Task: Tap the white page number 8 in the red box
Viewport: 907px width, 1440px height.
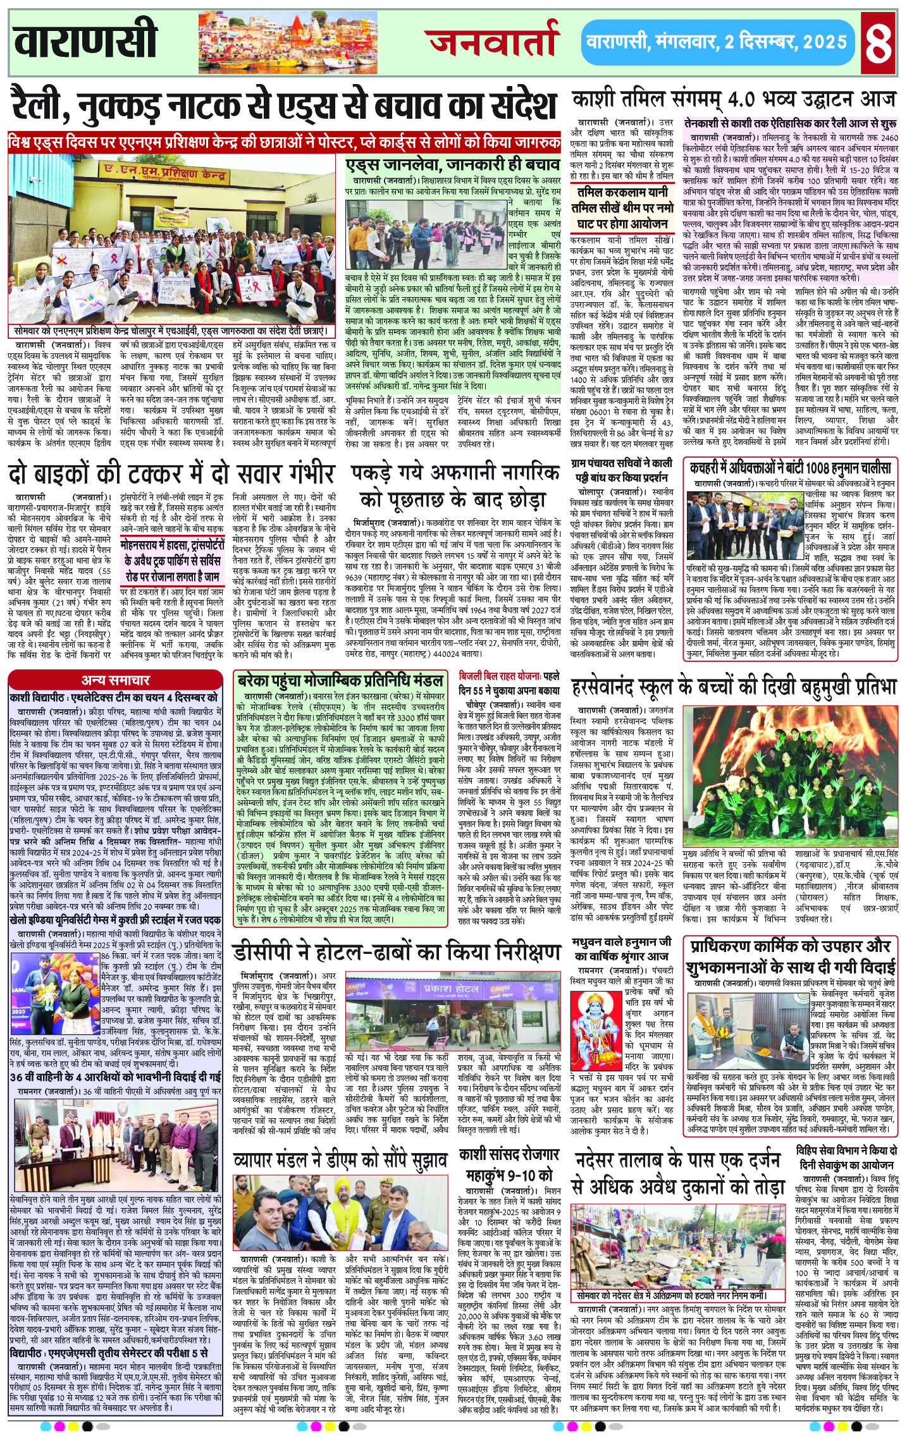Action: [879, 42]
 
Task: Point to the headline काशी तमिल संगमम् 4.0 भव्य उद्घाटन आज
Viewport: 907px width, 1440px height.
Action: [734, 100]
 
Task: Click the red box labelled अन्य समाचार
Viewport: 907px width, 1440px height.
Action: [115, 680]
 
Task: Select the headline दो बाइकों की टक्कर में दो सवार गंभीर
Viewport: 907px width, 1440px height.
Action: [171, 474]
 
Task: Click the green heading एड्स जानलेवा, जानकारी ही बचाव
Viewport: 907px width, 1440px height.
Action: [453, 165]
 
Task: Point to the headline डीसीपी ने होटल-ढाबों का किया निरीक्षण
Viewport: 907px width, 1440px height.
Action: [397, 952]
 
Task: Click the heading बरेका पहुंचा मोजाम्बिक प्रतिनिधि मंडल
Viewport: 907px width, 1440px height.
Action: [340, 681]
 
